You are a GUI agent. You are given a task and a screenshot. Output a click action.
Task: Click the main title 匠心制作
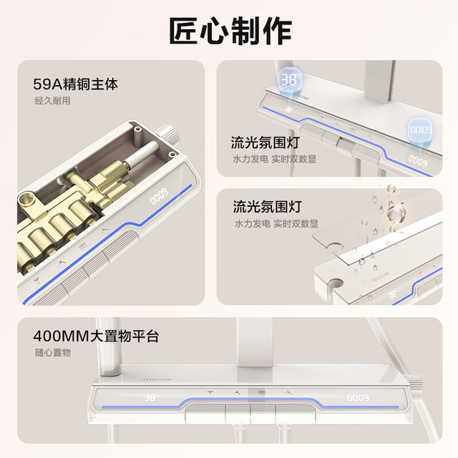pos(230,31)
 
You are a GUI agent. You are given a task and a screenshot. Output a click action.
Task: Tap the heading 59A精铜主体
pos(75,84)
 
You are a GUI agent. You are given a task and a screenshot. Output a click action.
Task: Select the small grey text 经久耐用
pos(52,101)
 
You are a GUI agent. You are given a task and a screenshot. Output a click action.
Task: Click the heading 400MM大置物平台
pos(96,336)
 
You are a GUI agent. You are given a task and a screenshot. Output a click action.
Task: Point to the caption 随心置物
pos(53,353)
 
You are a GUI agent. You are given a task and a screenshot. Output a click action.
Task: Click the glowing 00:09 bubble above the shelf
pos(421,130)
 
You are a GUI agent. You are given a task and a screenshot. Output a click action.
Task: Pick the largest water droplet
pos(396,213)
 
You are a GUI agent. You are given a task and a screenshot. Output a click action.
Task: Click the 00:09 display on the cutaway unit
pos(159,196)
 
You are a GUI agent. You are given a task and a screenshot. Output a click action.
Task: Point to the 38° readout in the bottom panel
pos(151,398)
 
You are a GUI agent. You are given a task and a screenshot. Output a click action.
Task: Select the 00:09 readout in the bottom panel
pos(358,398)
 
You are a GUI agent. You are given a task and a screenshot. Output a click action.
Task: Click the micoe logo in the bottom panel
pos(157,379)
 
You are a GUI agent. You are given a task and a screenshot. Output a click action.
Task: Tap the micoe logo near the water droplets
pos(380,277)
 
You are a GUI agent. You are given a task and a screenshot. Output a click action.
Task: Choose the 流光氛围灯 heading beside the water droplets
pos(267,207)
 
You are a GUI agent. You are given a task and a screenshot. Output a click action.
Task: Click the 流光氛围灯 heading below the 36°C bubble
pos(265,142)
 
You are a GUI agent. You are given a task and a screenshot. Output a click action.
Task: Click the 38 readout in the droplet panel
pos(391,296)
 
